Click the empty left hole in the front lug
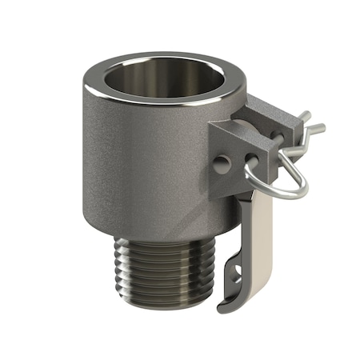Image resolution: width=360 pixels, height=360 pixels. point(222,164)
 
